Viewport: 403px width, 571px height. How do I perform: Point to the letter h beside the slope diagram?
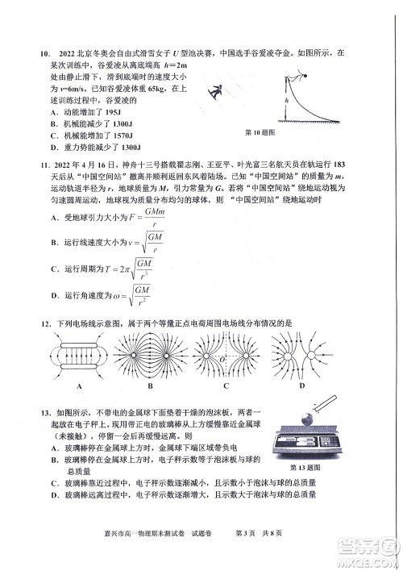pos(287,102)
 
